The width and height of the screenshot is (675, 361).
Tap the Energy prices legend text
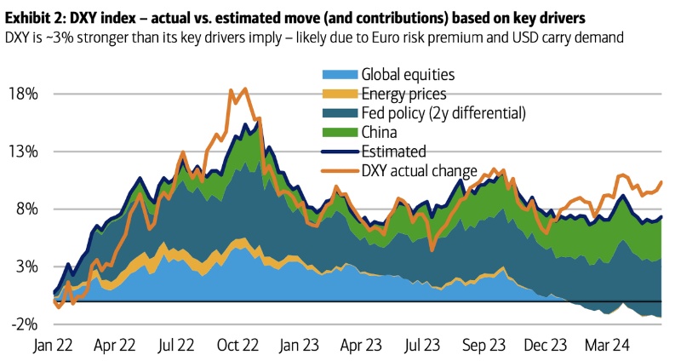tap(404, 95)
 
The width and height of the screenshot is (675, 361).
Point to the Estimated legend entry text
tap(394, 152)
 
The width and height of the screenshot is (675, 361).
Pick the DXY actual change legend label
tap(420, 170)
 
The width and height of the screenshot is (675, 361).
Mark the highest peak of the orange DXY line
tap(245, 89)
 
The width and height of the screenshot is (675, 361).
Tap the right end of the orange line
tap(661, 181)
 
